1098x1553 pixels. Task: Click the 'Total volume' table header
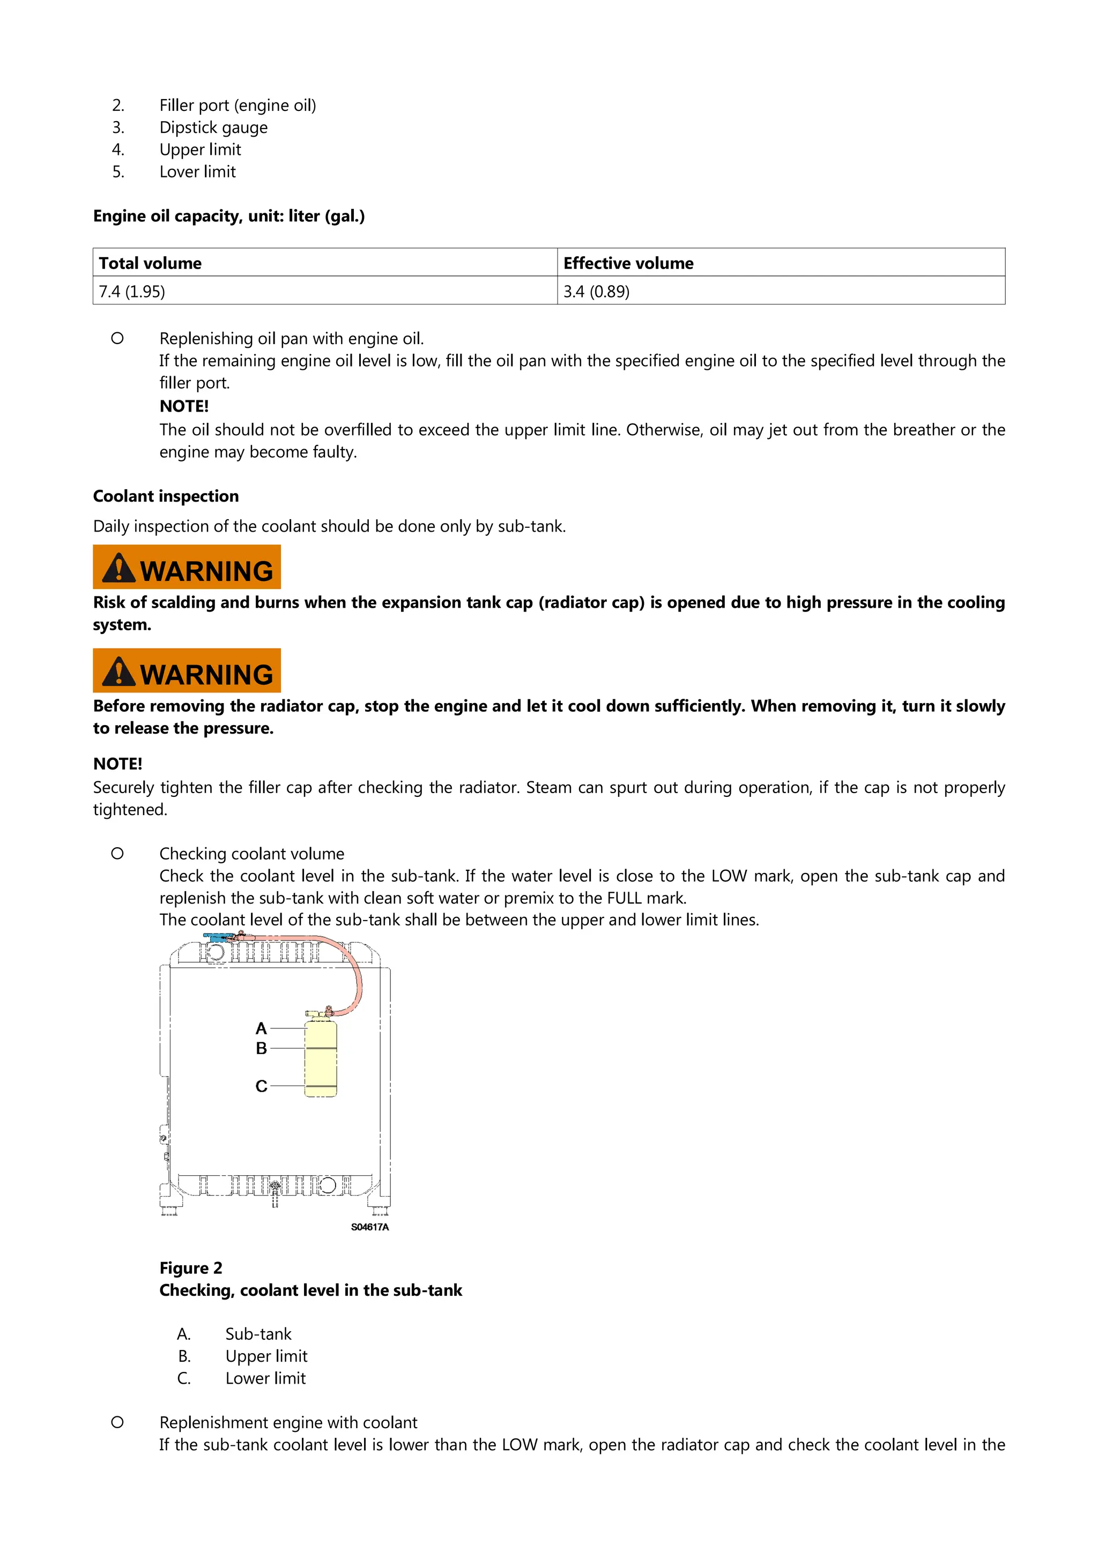point(150,263)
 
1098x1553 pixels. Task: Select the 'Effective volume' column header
point(628,263)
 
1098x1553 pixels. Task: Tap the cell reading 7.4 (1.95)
point(132,292)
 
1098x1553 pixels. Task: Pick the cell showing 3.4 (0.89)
point(596,292)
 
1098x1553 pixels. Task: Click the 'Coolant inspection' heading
point(166,496)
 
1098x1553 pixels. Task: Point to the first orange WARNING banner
point(187,567)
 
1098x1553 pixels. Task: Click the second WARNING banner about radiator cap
point(187,670)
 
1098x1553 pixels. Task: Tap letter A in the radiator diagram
point(261,1029)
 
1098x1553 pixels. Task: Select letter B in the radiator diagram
point(261,1048)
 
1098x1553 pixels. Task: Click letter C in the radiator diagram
point(261,1086)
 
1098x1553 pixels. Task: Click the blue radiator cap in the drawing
point(217,937)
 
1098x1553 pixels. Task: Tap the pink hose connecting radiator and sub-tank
point(351,967)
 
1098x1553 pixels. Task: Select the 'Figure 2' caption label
point(191,1267)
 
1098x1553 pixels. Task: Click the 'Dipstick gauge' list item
point(213,127)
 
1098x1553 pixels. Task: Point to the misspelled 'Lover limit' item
point(197,172)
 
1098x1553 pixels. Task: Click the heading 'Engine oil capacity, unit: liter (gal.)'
point(229,216)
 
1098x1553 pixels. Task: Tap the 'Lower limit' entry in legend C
point(265,1378)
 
